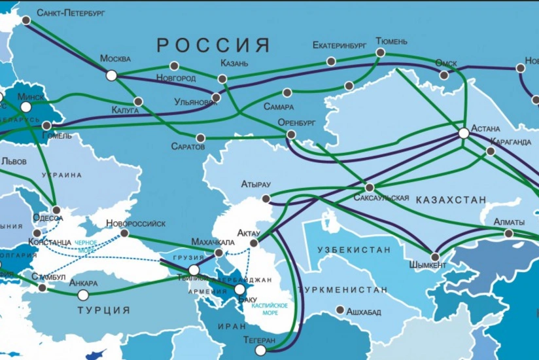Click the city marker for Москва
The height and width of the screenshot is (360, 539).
(111, 76)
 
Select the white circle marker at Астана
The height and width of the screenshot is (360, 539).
(463, 134)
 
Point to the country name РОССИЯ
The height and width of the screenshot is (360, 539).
(213, 45)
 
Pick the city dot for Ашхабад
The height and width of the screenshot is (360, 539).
(339, 310)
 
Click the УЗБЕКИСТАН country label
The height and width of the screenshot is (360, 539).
(354, 250)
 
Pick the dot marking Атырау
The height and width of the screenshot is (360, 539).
(266, 198)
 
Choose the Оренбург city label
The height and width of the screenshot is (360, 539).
(296, 122)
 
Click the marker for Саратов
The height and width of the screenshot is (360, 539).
(201, 138)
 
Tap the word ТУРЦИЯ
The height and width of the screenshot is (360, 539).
(103, 310)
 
